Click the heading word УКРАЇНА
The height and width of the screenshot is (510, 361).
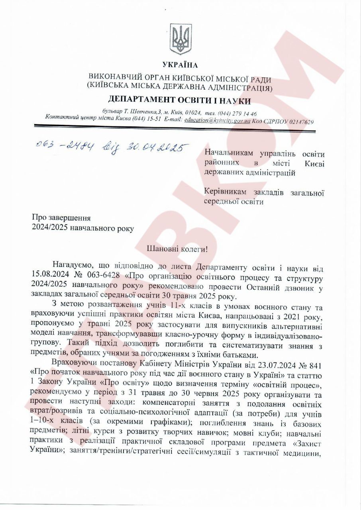click(180, 65)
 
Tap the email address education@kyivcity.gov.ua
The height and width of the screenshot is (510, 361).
click(217, 120)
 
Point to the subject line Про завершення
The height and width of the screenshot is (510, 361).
click(61, 218)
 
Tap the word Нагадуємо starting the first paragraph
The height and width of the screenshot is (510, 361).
click(73, 267)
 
